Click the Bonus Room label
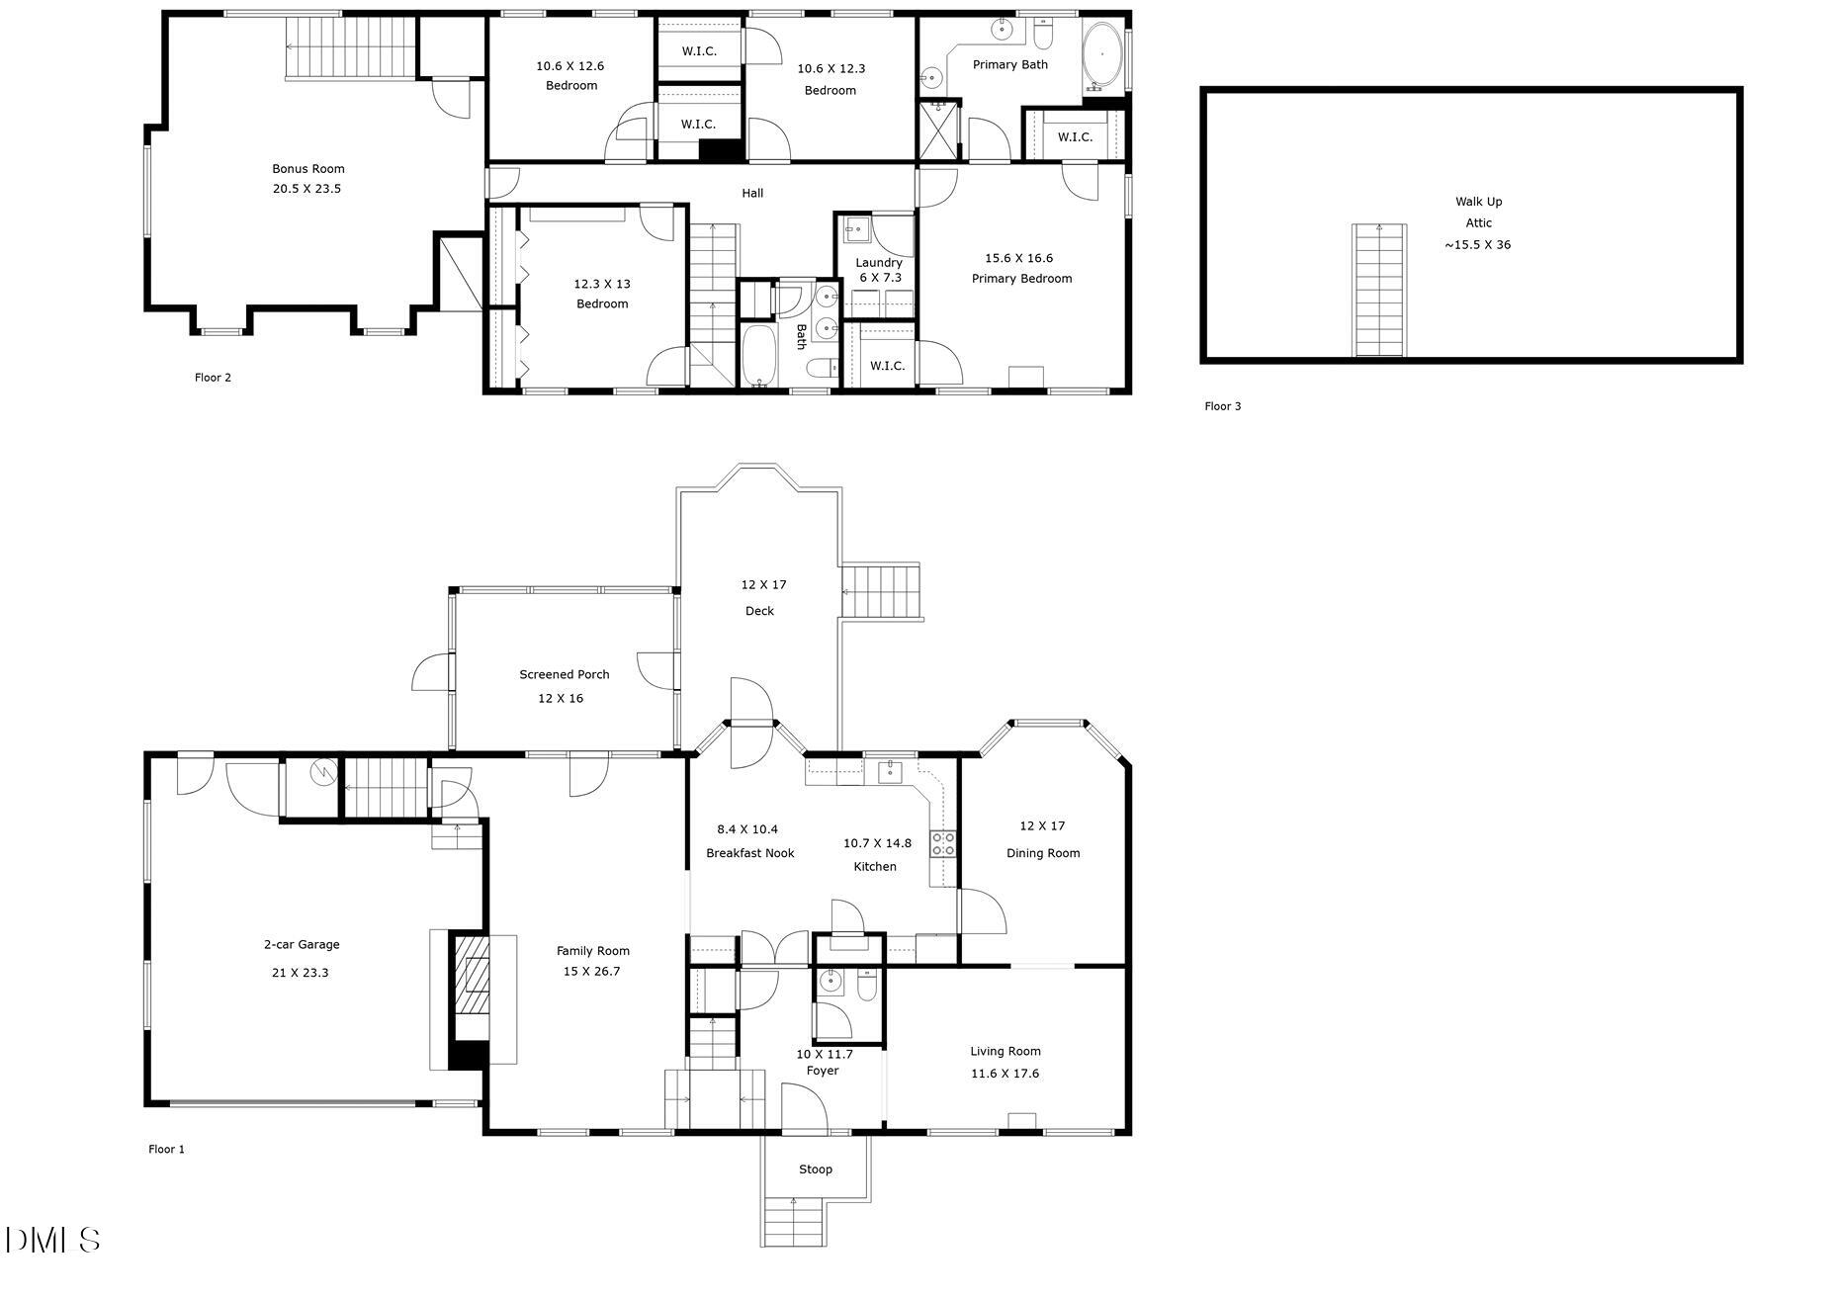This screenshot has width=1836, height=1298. coord(308,169)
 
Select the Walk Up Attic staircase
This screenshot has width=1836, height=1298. coord(1379,290)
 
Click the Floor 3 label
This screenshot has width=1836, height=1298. coord(1222,406)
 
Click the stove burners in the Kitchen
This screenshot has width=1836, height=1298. coord(943,843)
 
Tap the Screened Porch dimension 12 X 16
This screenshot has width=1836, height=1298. coord(561,699)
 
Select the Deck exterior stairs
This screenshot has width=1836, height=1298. coord(881,591)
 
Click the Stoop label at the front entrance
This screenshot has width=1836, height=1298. coord(816,1169)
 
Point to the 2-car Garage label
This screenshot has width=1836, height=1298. coord(302,945)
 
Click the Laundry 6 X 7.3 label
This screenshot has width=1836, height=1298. coord(879,270)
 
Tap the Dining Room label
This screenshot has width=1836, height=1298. coord(1043,853)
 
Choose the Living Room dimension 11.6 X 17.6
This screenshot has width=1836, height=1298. coord(1005,1074)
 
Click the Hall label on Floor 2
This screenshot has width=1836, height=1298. coord(752,194)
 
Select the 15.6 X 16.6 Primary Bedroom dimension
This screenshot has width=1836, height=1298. coord(1018,258)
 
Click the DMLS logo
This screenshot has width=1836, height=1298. coord(52,1241)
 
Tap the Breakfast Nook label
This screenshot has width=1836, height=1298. coord(749,853)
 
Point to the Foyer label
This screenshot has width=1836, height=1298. coord(823,1071)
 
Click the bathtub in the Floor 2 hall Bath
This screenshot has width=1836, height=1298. coord(758,356)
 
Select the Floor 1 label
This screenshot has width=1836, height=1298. coord(166,1150)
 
